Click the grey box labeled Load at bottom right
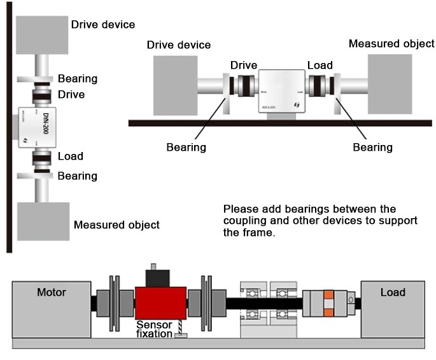(x=392, y=308)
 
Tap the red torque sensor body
(x=160, y=303)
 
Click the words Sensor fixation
(x=154, y=329)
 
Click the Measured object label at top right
(x=391, y=44)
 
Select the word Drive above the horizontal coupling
(x=243, y=66)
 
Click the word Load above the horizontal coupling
(x=320, y=66)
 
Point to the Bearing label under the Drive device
(x=186, y=147)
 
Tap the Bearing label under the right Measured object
(x=372, y=147)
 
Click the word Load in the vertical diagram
(x=70, y=156)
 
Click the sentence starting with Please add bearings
(x=320, y=220)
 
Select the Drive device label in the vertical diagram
(x=103, y=25)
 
